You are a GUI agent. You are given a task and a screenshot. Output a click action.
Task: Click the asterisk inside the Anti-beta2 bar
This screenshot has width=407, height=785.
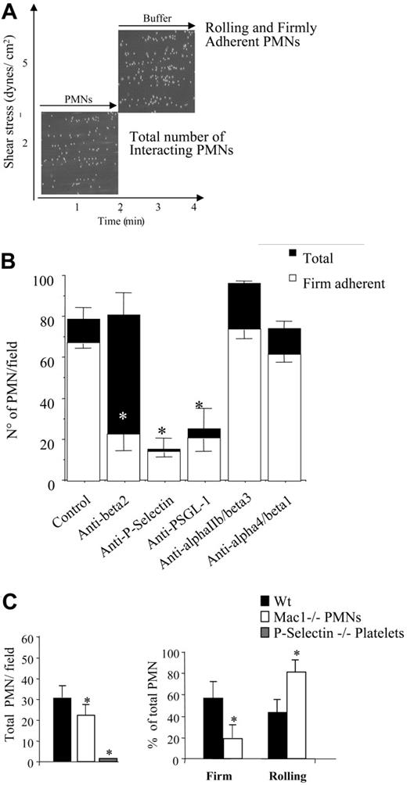123,417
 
